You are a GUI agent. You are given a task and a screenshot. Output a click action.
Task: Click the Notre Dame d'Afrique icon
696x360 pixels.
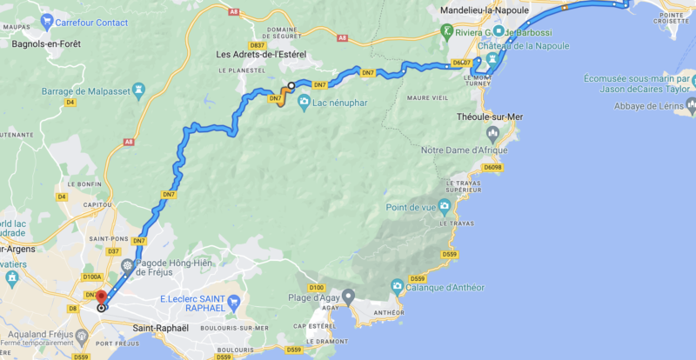[493, 134]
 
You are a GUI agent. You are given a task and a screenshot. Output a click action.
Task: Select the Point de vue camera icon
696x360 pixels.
[445, 207]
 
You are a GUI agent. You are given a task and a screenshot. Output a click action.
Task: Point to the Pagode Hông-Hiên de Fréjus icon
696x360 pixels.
[128, 267]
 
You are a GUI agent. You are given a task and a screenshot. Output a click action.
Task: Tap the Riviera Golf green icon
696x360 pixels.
[447, 31]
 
